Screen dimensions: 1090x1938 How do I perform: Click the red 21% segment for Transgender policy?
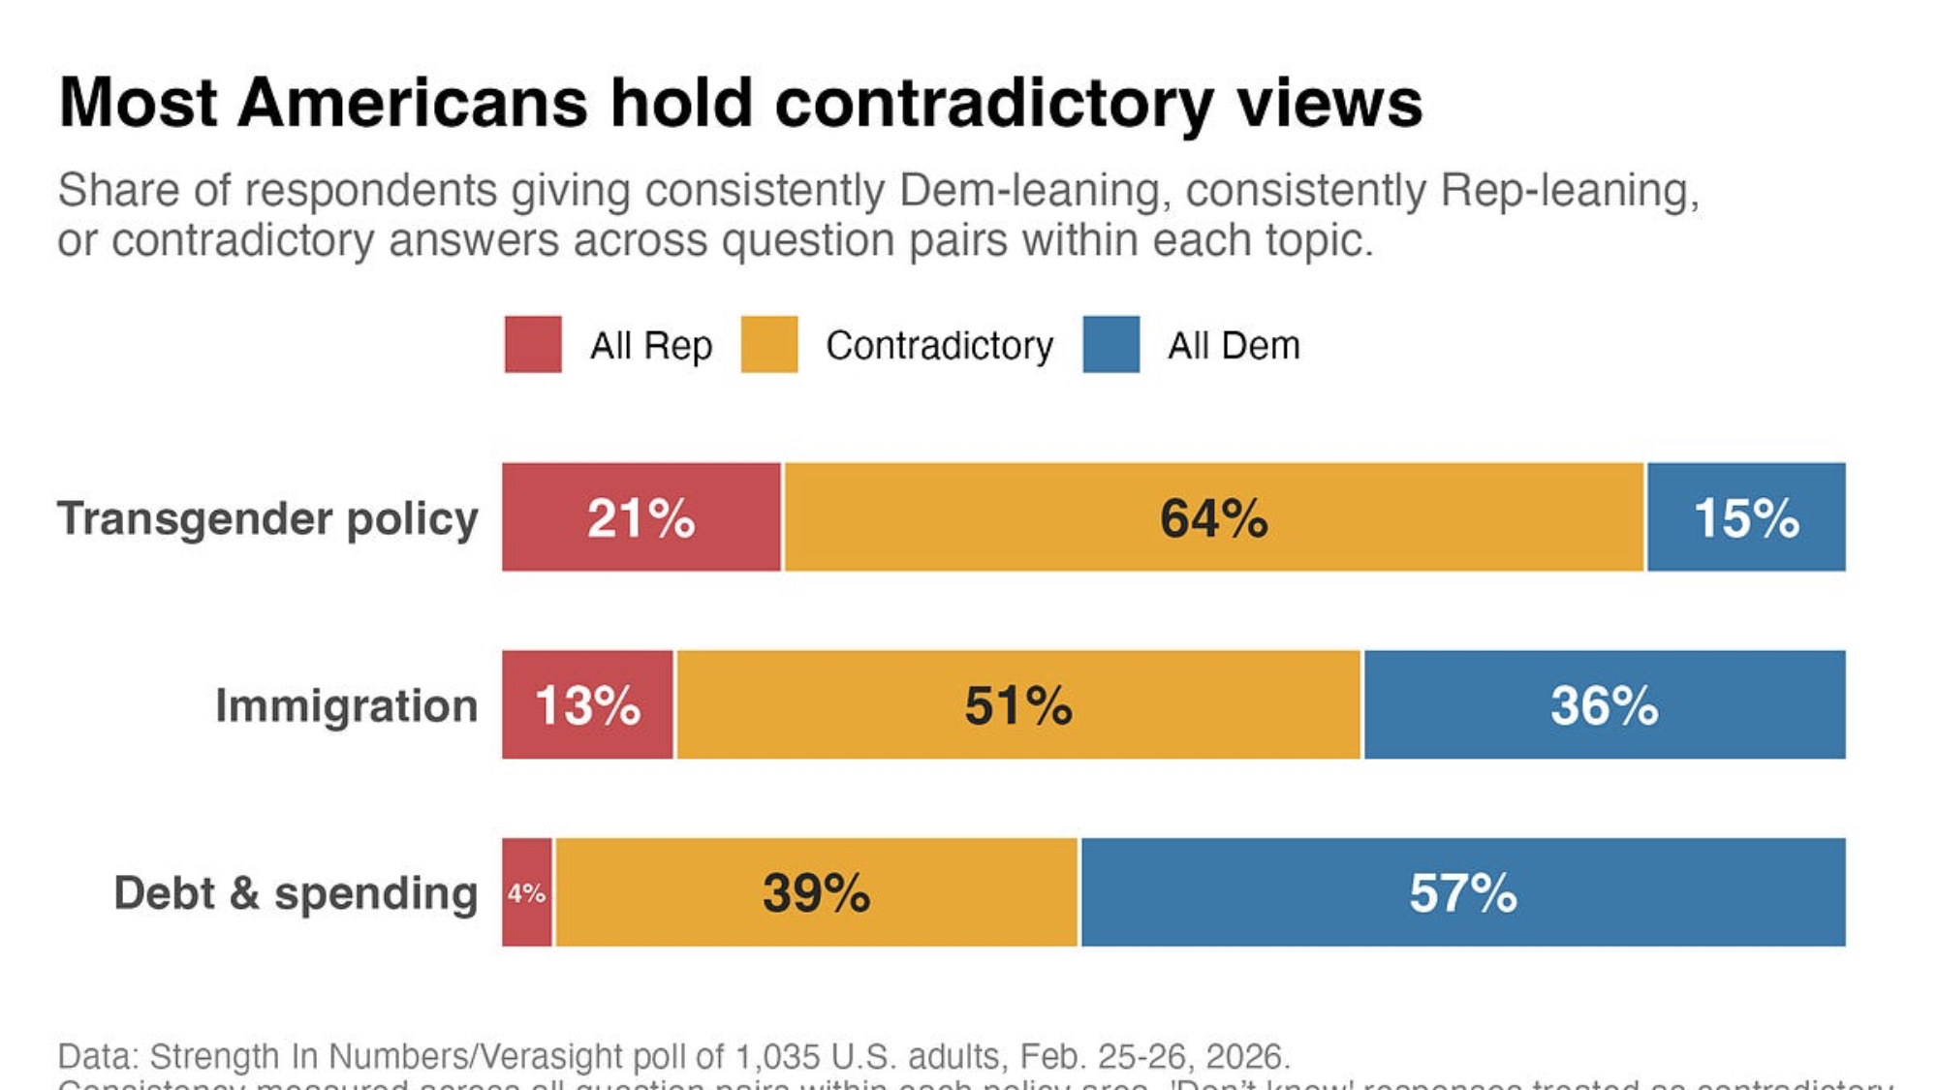(641, 517)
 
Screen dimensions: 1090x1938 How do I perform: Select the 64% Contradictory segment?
(1213, 517)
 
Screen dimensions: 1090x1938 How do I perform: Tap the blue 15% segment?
(1746, 517)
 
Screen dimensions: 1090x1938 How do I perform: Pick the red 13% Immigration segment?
(587, 704)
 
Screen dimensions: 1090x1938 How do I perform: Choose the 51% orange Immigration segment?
(1018, 704)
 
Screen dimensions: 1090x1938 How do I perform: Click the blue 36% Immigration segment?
(1604, 704)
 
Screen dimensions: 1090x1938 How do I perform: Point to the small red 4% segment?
(527, 892)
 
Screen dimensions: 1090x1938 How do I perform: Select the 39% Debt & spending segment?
(816, 892)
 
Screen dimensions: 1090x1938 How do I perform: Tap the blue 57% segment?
(1463, 892)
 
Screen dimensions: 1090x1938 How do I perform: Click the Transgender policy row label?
(267, 518)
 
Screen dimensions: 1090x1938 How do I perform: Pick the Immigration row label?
(346, 705)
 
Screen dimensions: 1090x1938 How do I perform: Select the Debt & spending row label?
(296, 893)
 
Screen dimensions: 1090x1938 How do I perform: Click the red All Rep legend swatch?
(533, 344)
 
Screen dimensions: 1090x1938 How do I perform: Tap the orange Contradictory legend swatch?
(769, 344)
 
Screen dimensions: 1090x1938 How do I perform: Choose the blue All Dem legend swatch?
(1111, 344)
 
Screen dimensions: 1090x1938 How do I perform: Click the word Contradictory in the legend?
(939, 346)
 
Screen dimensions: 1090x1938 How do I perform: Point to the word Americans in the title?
(413, 103)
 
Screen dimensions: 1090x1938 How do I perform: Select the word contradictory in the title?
(994, 103)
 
